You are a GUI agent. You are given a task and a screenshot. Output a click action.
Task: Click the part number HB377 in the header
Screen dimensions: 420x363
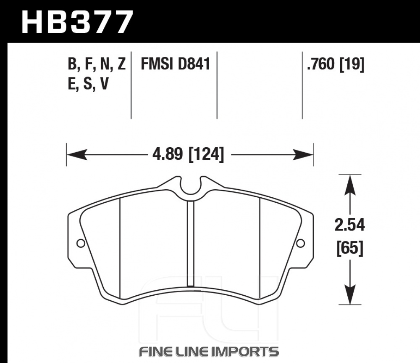(77, 22)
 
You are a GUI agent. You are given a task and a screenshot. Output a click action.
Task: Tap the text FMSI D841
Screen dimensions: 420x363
(176, 64)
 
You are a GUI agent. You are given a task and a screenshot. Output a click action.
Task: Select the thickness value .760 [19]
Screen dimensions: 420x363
(336, 64)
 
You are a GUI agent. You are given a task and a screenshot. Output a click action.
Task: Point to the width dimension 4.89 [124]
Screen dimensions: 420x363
(188, 155)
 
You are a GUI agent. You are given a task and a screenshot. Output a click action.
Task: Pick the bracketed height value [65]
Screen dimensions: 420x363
(350, 248)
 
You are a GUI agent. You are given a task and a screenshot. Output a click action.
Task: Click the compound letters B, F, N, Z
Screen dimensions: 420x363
(97, 64)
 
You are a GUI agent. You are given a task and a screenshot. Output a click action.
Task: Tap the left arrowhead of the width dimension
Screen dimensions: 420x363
(77, 155)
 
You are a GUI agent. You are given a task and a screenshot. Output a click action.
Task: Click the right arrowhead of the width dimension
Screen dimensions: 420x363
(303, 155)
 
